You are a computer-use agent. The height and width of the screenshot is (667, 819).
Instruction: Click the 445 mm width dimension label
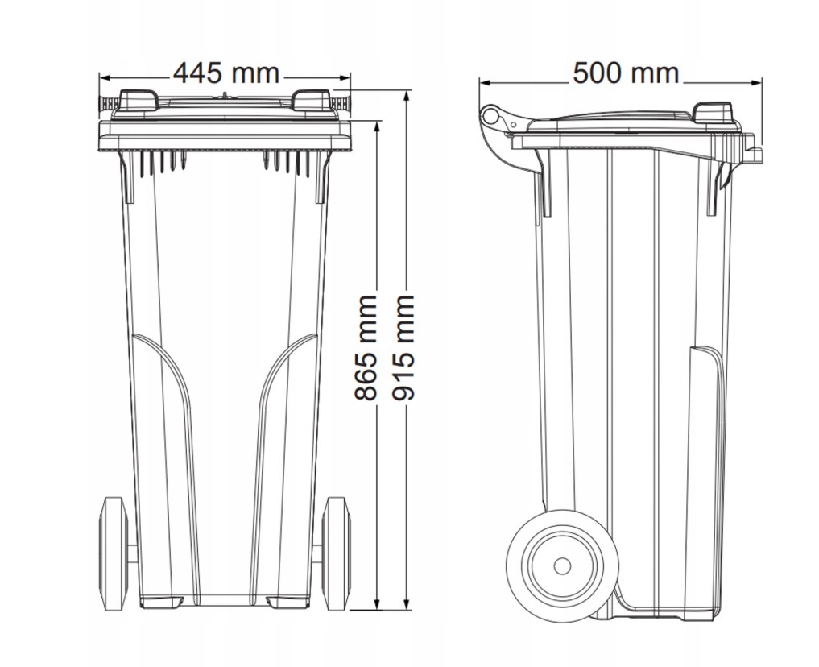pyautogui.click(x=226, y=73)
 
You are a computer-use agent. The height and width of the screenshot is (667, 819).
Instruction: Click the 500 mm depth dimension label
pyautogui.click(x=626, y=73)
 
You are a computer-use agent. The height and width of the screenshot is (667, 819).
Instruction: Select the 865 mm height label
pyautogui.click(x=366, y=348)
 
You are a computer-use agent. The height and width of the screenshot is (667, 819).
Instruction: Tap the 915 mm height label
pyautogui.click(x=403, y=348)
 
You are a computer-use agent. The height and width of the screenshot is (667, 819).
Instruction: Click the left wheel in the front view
pyautogui.click(x=114, y=553)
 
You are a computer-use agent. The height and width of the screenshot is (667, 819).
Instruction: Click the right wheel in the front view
pyautogui.click(x=336, y=553)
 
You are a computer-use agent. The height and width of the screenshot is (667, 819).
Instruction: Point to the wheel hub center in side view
pyautogui.click(x=562, y=565)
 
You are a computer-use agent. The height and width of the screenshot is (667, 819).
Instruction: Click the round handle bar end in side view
pyautogui.click(x=490, y=115)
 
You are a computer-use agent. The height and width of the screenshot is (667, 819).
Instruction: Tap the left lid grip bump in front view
pyautogui.click(x=139, y=100)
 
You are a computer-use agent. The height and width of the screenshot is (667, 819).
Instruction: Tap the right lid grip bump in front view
pyautogui.click(x=312, y=100)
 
